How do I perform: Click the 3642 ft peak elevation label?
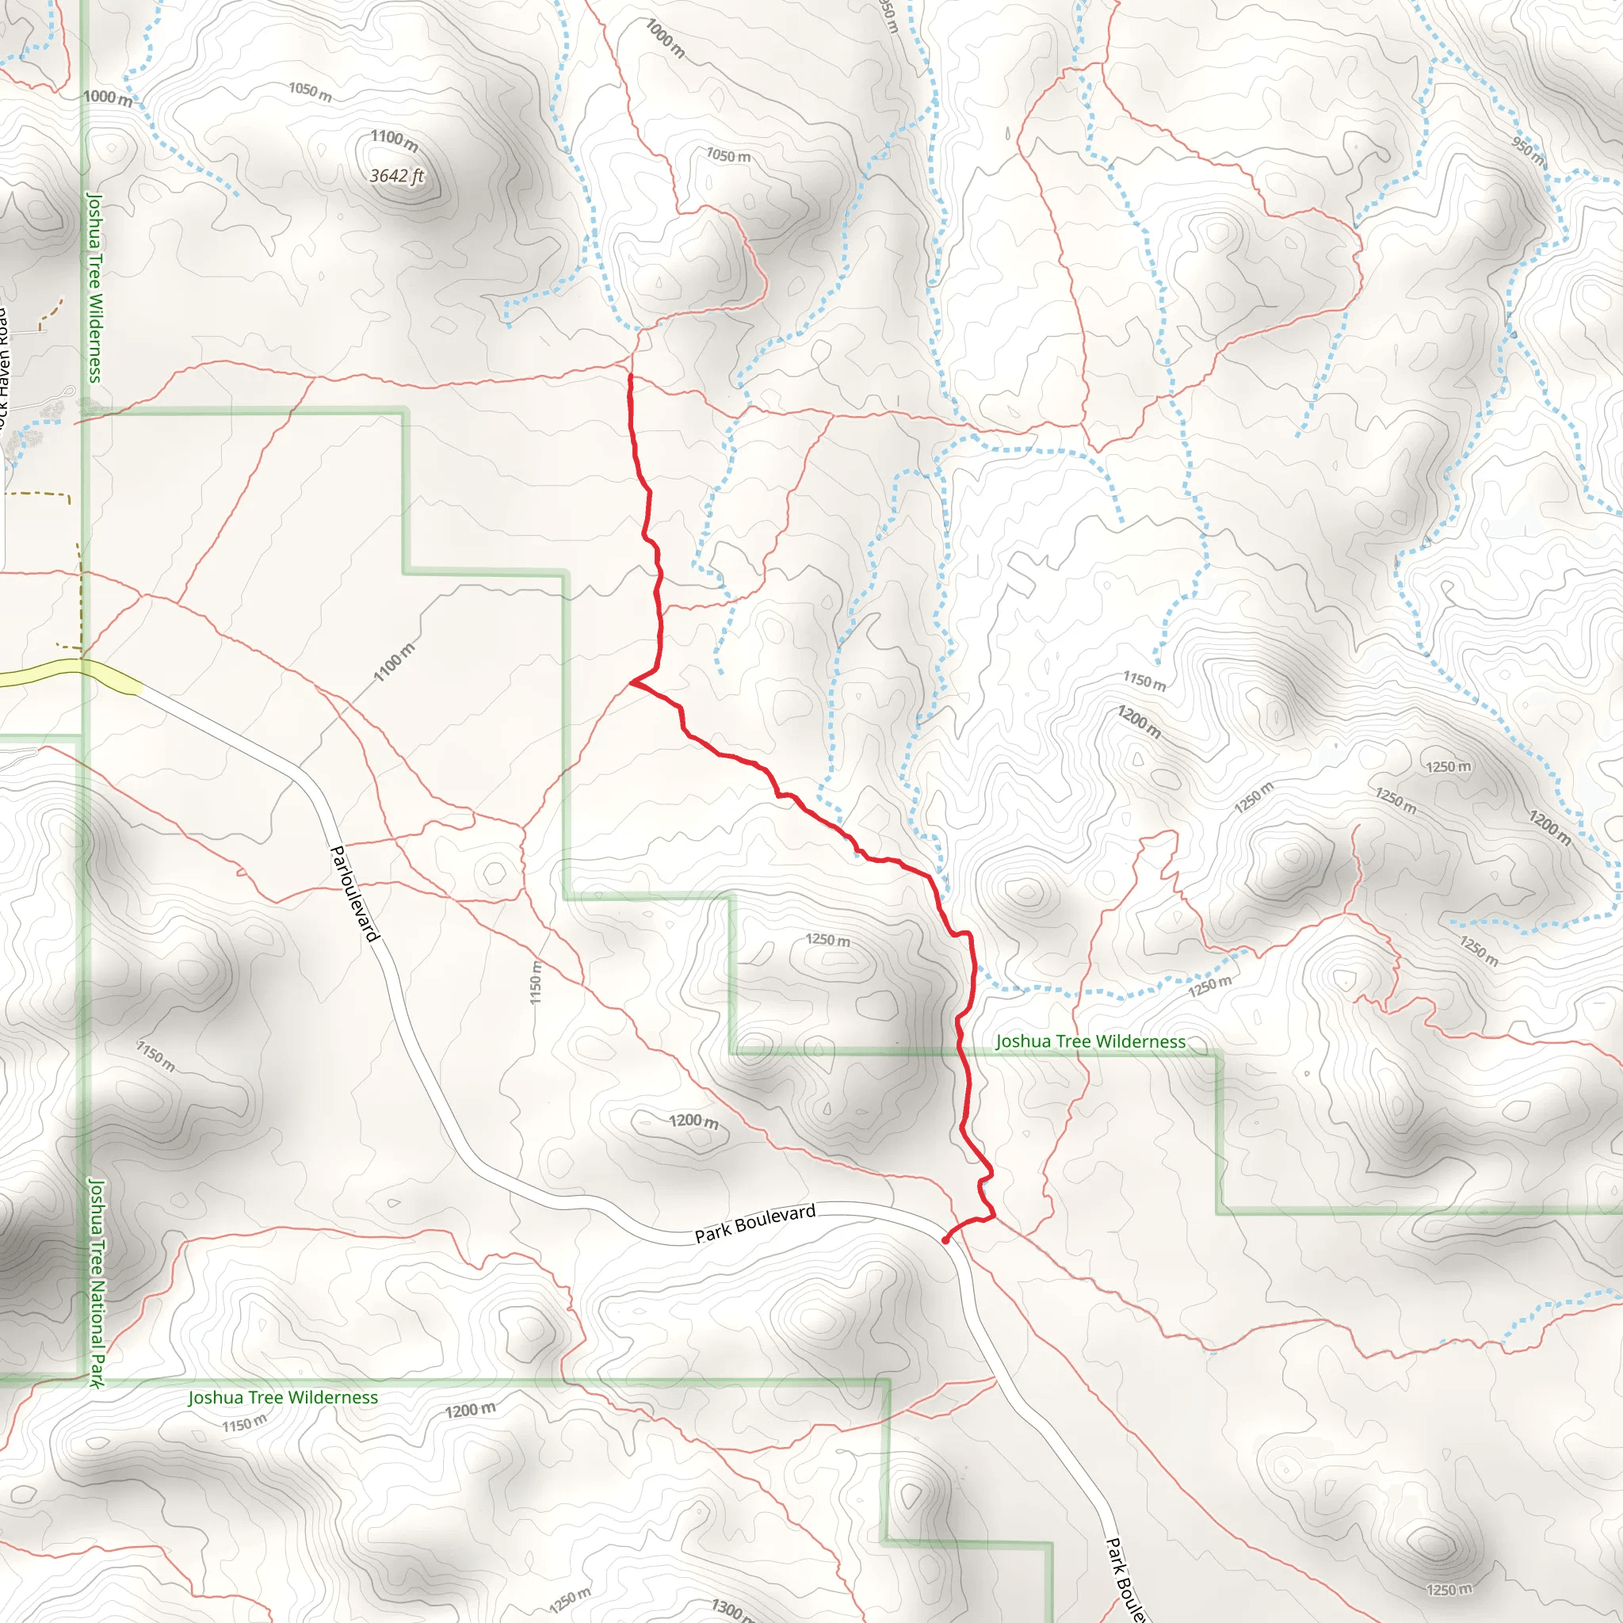pyautogui.click(x=397, y=176)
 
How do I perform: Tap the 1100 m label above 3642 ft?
pyautogui.click(x=394, y=140)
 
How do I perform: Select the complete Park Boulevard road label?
pyautogui.click(x=754, y=1223)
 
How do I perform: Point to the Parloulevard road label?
pyautogui.click(x=355, y=894)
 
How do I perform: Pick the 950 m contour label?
pyautogui.click(x=1528, y=151)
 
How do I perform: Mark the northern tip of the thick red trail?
pyautogui.click(x=630, y=376)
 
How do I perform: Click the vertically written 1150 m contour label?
pyautogui.click(x=535, y=982)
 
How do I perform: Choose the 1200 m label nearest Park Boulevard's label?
pyautogui.click(x=693, y=1121)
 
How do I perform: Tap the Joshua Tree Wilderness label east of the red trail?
pyautogui.click(x=1090, y=1041)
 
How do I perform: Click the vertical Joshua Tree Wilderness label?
pyautogui.click(x=94, y=288)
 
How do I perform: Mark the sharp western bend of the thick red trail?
pyautogui.click(x=632, y=683)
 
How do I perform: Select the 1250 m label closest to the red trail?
pyautogui.click(x=827, y=939)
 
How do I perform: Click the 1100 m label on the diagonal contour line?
pyautogui.click(x=394, y=662)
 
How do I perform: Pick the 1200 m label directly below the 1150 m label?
pyautogui.click(x=1138, y=723)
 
